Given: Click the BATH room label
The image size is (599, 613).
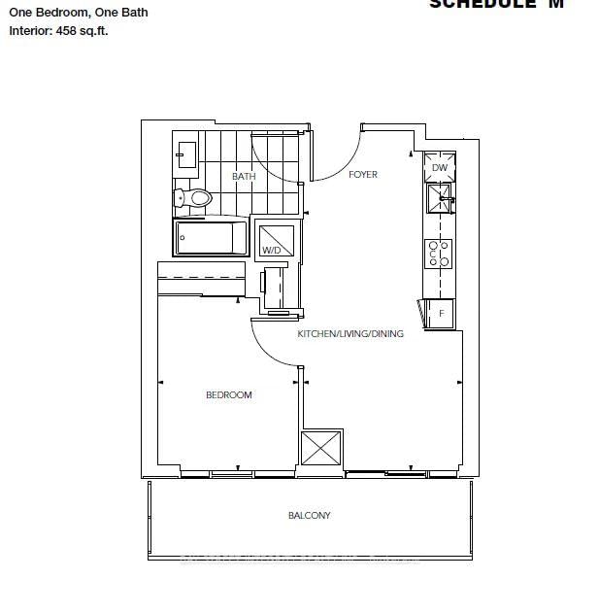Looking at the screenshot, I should coord(244,176).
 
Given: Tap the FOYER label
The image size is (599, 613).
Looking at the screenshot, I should coord(363,175).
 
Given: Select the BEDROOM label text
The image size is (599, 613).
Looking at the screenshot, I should coord(229,394).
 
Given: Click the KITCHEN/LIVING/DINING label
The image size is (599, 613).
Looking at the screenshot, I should coord(349,334).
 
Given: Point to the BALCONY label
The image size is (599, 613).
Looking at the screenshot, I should coord(309,515).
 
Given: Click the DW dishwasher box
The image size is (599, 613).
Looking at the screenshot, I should coord(439,167).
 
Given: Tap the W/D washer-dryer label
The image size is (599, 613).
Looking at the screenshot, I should coord(271,251).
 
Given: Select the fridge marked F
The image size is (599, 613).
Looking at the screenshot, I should coord(440,313).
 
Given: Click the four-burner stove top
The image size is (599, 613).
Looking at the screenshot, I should coord(439,253).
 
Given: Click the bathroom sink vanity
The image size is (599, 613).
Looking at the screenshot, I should coord(186,153).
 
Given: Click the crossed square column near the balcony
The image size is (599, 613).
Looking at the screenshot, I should coord(320,448).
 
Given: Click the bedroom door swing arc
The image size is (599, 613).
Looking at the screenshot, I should coord(272,346).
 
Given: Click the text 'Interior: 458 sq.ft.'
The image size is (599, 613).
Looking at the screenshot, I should coord(58,31).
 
